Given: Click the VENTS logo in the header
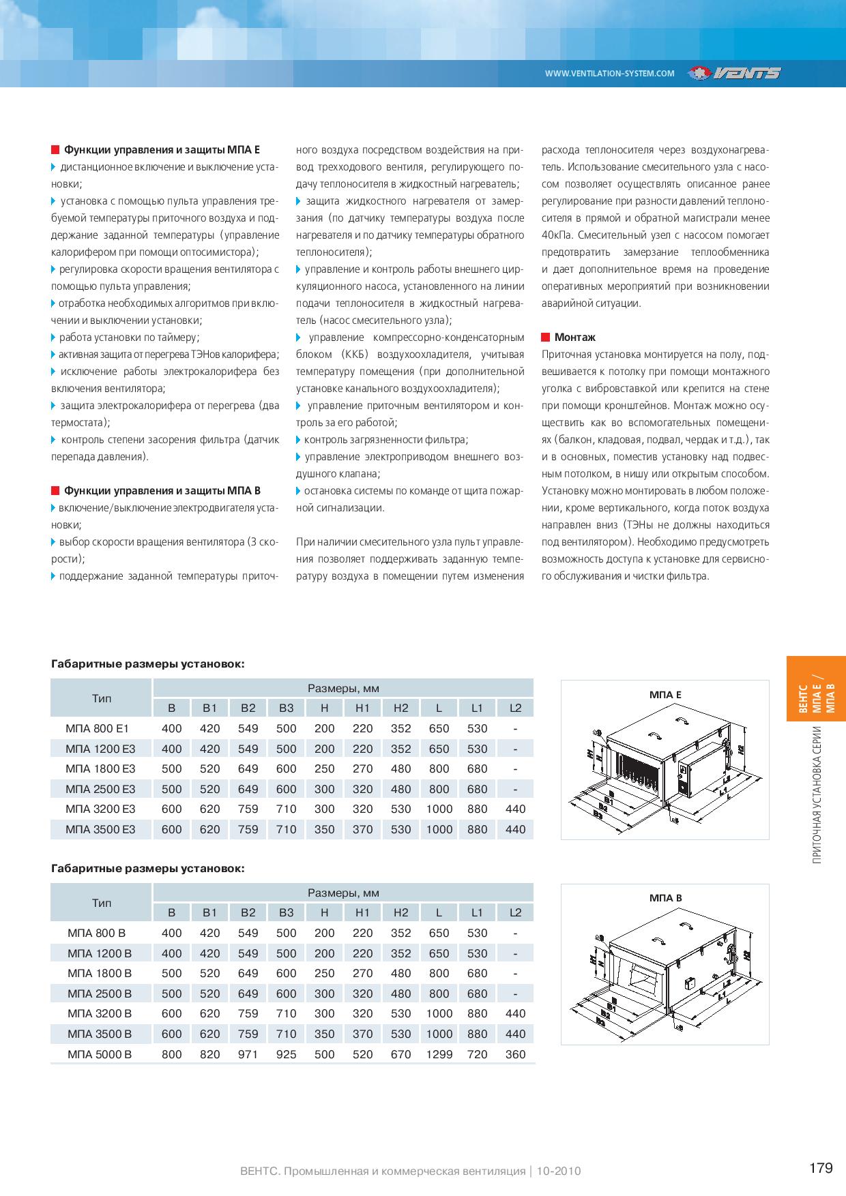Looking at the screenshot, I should click(x=734, y=73).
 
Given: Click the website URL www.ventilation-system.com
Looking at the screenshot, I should click(x=609, y=74).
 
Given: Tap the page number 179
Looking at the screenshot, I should click(x=821, y=1169).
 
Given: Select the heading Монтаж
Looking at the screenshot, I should click(x=574, y=337).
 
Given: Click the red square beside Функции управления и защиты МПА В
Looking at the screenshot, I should click(x=55, y=491).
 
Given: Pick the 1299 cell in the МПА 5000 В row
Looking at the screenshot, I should click(x=439, y=1054).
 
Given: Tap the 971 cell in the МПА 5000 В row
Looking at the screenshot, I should click(x=248, y=1054).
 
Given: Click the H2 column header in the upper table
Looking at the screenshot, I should click(x=400, y=708).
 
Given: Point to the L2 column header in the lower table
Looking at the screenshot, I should click(x=515, y=912).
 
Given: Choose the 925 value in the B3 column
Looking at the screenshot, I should click(x=286, y=1054).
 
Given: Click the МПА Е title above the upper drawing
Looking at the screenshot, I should click(x=665, y=695).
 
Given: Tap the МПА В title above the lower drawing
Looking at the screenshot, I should click(x=665, y=898).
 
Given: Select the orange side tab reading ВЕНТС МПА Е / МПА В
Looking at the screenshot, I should click(x=816, y=689).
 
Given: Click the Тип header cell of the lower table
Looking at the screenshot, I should click(x=102, y=903).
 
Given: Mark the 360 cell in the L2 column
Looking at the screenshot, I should click(x=515, y=1054).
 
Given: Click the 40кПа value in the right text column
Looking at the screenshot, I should click(x=557, y=235).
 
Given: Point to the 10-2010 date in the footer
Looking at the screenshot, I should click(x=559, y=1171).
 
